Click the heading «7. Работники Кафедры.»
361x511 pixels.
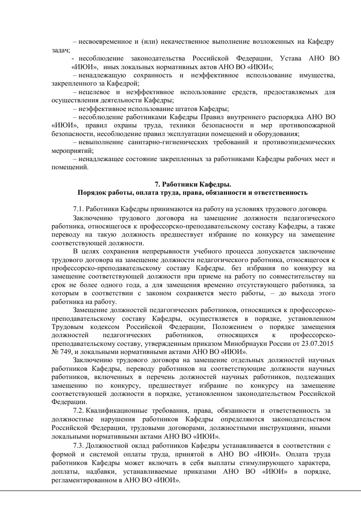coord(193,184)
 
